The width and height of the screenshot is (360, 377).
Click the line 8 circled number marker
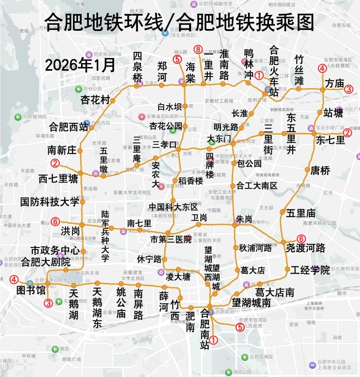(x=198, y=50)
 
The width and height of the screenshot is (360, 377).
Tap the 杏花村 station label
(x=95, y=99)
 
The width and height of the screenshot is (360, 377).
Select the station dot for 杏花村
(x=113, y=101)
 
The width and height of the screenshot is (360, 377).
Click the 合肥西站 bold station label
(x=69, y=127)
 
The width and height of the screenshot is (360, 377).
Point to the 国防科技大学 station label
(x=50, y=202)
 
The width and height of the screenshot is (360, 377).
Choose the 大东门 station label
(x=219, y=139)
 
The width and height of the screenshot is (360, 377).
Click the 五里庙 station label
(x=300, y=213)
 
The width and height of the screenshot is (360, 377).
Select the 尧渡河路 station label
(x=305, y=248)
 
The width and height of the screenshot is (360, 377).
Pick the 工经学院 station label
(x=310, y=270)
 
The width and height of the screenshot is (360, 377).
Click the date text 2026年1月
(x=80, y=65)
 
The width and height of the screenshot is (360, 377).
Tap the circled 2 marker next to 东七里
(x=348, y=133)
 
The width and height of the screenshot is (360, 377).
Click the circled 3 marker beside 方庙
(x=348, y=89)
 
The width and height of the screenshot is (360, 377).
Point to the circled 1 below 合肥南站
(x=214, y=340)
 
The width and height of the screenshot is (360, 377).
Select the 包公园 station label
(x=249, y=163)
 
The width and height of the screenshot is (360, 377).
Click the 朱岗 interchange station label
(x=244, y=219)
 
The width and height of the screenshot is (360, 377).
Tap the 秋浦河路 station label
(x=255, y=248)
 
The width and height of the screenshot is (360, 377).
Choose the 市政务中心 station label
(x=55, y=250)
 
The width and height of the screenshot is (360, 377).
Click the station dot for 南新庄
(x=80, y=151)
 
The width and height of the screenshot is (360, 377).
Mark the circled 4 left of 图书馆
(x=14, y=279)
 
